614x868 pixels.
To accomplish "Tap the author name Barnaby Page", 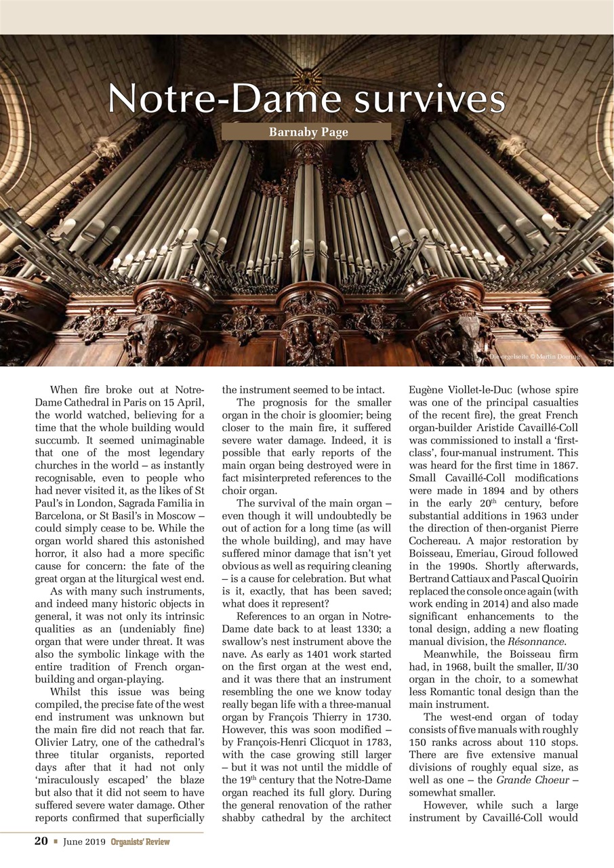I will [x=306, y=132].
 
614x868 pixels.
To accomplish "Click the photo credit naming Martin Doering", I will [x=535, y=357].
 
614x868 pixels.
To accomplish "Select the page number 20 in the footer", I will [x=41, y=842].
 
